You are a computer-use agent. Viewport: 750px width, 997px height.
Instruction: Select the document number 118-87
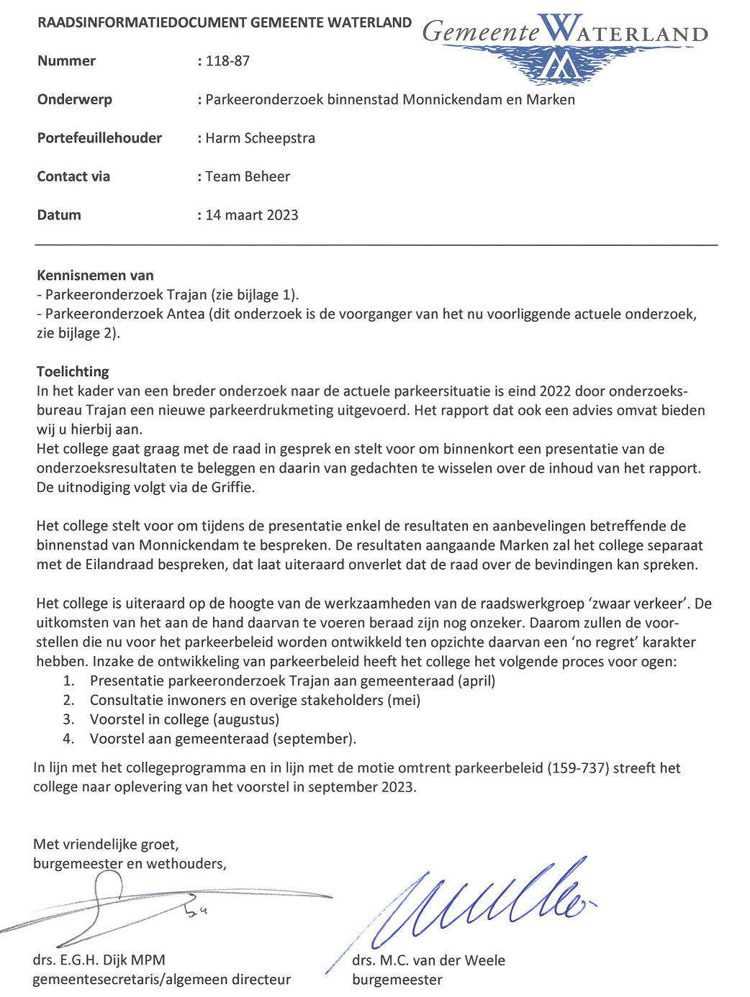(x=227, y=61)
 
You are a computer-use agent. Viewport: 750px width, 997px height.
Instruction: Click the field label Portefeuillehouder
(x=99, y=138)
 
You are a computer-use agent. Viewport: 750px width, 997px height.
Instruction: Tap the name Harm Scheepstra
(x=260, y=138)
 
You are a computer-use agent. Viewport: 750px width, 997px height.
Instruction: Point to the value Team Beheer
(x=248, y=177)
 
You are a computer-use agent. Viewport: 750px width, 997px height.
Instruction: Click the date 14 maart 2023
(x=251, y=215)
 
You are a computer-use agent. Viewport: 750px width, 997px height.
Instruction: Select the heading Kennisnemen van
(x=95, y=275)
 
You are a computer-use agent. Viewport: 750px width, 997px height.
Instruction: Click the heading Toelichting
(x=73, y=372)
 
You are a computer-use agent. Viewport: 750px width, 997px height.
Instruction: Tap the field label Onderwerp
(x=74, y=100)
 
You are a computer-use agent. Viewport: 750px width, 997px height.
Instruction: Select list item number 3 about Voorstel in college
(x=184, y=719)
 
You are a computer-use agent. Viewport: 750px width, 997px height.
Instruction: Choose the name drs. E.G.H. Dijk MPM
(x=99, y=960)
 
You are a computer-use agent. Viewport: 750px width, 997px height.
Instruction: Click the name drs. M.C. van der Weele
(x=428, y=960)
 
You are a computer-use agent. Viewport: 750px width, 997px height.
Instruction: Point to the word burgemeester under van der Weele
(x=397, y=980)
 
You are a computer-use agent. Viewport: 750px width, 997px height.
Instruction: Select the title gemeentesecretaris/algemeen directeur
(x=162, y=980)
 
